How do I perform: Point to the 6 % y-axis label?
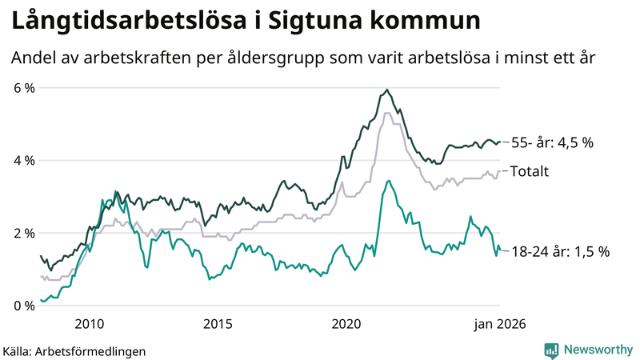(23, 88)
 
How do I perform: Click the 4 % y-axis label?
(23, 160)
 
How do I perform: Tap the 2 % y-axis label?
(23, 233)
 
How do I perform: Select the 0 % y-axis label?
(23, 306)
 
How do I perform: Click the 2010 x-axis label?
(89, 323)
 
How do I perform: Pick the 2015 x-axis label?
(218, 323)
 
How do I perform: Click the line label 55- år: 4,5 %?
(553, 143)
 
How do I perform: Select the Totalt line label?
(529, 171)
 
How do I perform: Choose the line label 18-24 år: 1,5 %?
(560, 251)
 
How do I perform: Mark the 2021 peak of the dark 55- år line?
(387, 90)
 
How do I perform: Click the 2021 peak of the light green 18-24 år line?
(388, 181)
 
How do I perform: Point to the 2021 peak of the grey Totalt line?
(387, 113)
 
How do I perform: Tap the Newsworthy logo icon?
(551, 350)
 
